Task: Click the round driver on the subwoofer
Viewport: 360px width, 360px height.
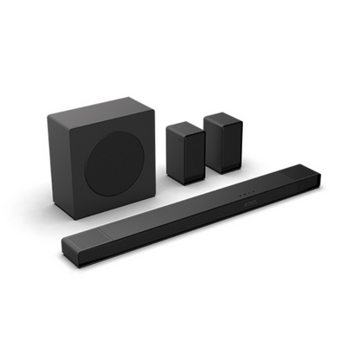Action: [119, 165]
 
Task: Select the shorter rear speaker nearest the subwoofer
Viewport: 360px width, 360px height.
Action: [185, 153]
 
